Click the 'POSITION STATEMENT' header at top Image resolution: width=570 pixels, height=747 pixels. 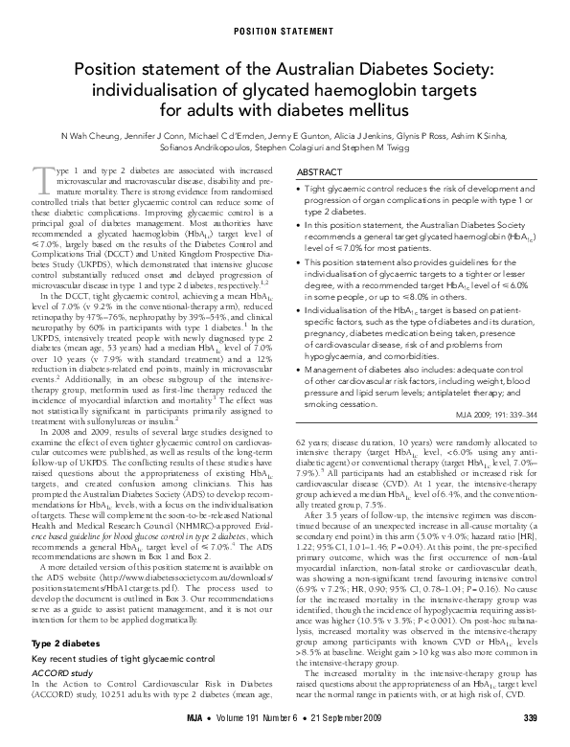coord(285,21)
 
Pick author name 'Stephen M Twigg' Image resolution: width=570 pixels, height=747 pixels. coord(375,151)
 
